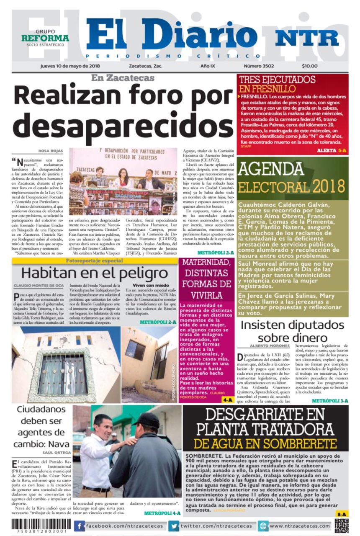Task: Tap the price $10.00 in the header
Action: [309, 66]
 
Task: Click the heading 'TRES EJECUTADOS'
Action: [277, 80]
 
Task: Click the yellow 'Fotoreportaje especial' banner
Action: [95, 261]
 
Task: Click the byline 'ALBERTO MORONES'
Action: [269, 346]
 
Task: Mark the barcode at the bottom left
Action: [41, 525]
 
